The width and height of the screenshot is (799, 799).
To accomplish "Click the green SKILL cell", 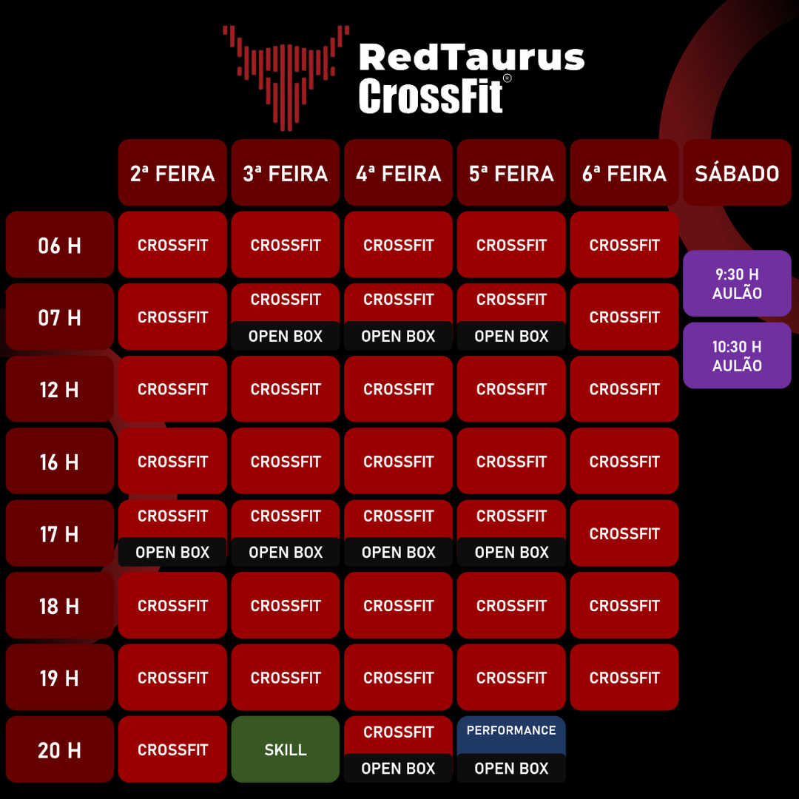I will [x=286, y=749].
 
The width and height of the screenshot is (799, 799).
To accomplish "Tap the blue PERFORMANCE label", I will [x=511, y=731].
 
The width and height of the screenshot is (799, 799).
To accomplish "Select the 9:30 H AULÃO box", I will [x=737, y=283].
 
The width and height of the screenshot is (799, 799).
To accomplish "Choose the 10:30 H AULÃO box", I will [x=737, y=356].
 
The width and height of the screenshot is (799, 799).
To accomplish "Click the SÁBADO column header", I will [x=737, y=173].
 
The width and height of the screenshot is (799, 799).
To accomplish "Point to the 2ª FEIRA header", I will [x=172, y=173].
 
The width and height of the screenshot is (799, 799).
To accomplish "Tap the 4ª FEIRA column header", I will [x=398, y=173].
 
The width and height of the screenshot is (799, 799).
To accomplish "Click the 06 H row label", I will [x=59, y=245].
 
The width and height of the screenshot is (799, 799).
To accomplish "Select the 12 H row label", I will [x=59, y=389].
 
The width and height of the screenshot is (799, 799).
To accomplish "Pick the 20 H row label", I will [x=59, y=750].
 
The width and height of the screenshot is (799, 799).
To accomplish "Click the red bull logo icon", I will [x=286, y=74].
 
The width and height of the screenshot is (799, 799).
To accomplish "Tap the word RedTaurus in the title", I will [x=471, y=58].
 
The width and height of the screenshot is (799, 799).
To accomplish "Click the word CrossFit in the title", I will [x=431, y=96].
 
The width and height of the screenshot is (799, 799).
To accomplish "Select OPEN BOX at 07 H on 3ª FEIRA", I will [x=286, y=336].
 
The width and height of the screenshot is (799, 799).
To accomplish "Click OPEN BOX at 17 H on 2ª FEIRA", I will [x=172, y=552].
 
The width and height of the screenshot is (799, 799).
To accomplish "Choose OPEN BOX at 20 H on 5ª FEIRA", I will [x=511, y=769].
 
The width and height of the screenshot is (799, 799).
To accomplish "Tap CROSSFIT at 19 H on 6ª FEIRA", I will [x=624, y=678].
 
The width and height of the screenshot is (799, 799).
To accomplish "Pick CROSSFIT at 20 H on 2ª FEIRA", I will [x=172, y=749].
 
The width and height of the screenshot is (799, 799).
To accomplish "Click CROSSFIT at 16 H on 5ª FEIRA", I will [x=511, y=462].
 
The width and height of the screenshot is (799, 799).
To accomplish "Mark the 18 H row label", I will [x=59, y=606].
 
